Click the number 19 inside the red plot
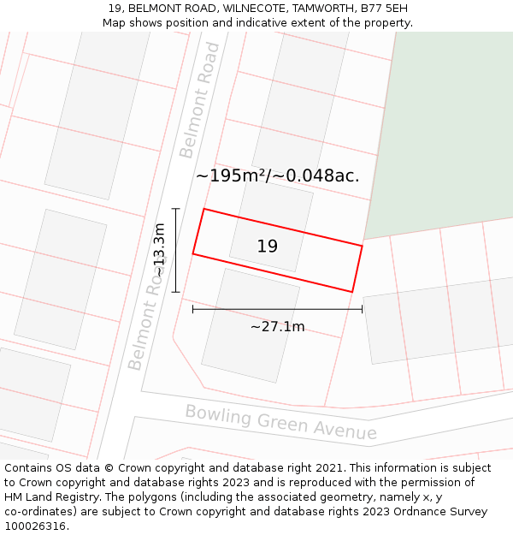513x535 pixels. point(267,247)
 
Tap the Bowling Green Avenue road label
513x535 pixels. point(281,422)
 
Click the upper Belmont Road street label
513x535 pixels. point(199,100)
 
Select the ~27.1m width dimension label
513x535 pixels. point(277,327)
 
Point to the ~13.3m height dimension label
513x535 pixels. point(159,249)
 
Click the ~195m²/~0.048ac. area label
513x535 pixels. point(277,175)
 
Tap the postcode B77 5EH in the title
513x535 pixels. point(384,9)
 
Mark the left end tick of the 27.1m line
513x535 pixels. point(193,309)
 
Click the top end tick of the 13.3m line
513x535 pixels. point(175,208)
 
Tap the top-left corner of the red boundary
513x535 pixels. point(203,209)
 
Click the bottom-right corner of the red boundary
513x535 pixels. point(351,292)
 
